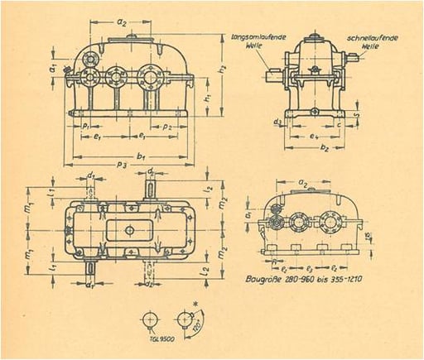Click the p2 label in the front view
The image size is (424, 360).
click(x=167, y=127)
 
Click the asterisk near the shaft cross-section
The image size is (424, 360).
click(x=195, y=307)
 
